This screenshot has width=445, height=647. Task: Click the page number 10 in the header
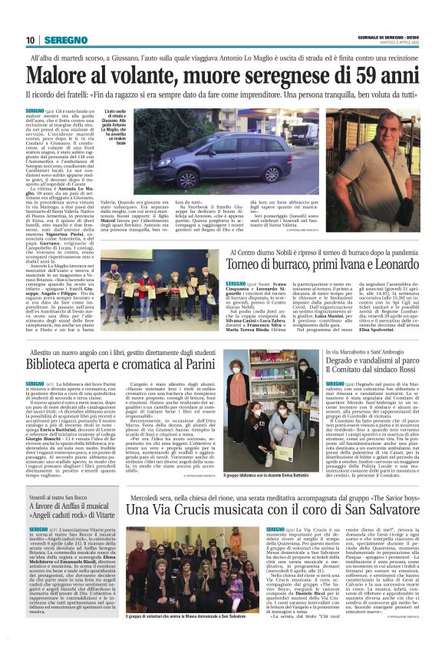[x=31, y=40]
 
